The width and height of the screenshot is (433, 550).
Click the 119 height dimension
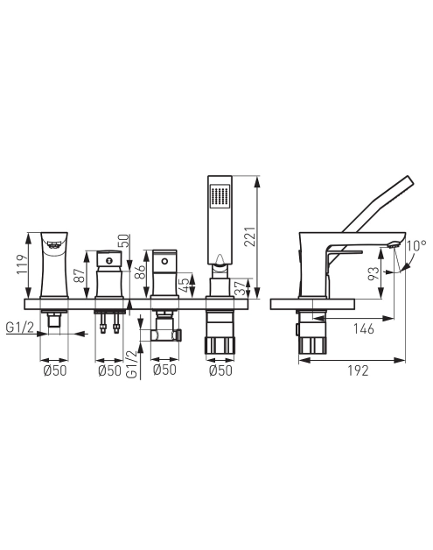(x=23, y=264)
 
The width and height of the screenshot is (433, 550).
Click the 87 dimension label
(x=80, y=275)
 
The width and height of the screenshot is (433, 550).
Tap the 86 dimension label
(x=140, y=271)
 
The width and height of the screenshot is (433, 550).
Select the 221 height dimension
(x=250, y=236)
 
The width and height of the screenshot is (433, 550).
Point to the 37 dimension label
(x=241, y=288)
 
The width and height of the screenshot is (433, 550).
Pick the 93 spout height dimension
(x=374, y=273)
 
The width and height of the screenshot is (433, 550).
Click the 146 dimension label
(x=364, y=329)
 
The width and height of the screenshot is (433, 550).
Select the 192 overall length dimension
(x=358, y=370)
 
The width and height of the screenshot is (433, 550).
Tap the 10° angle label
(x=416, y=245)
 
